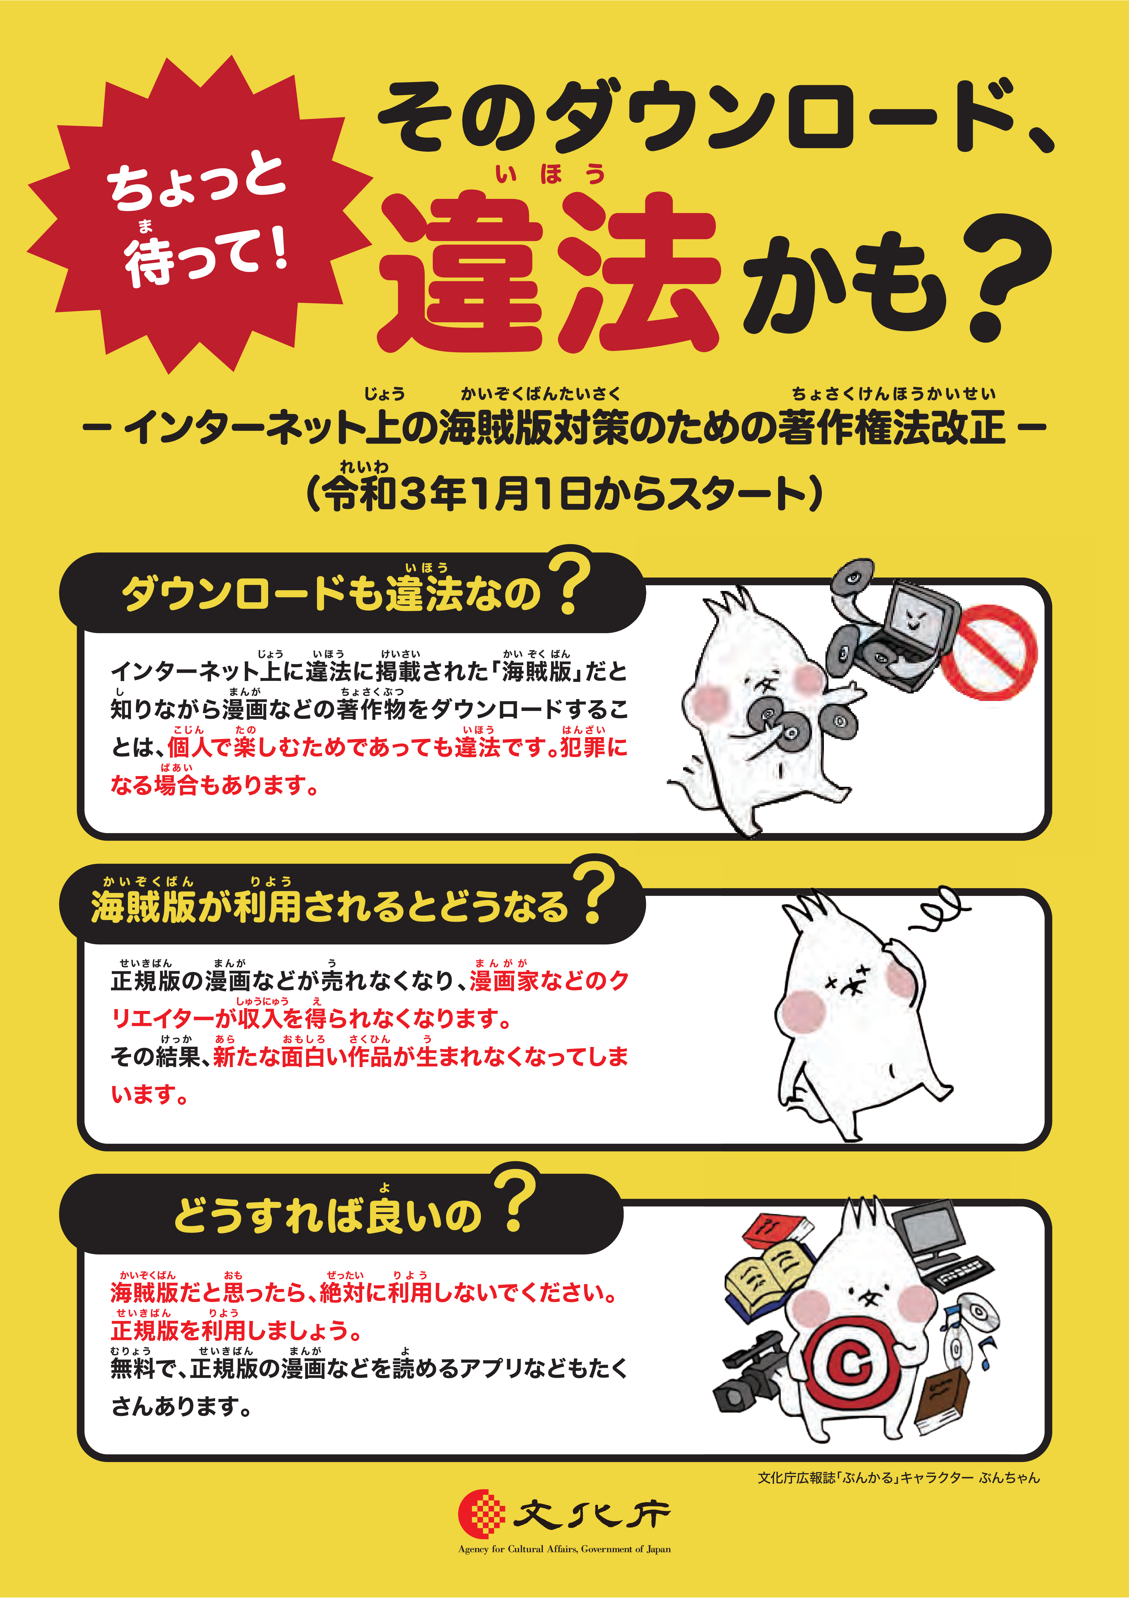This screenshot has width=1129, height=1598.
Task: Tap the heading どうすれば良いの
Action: (327, 1216)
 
